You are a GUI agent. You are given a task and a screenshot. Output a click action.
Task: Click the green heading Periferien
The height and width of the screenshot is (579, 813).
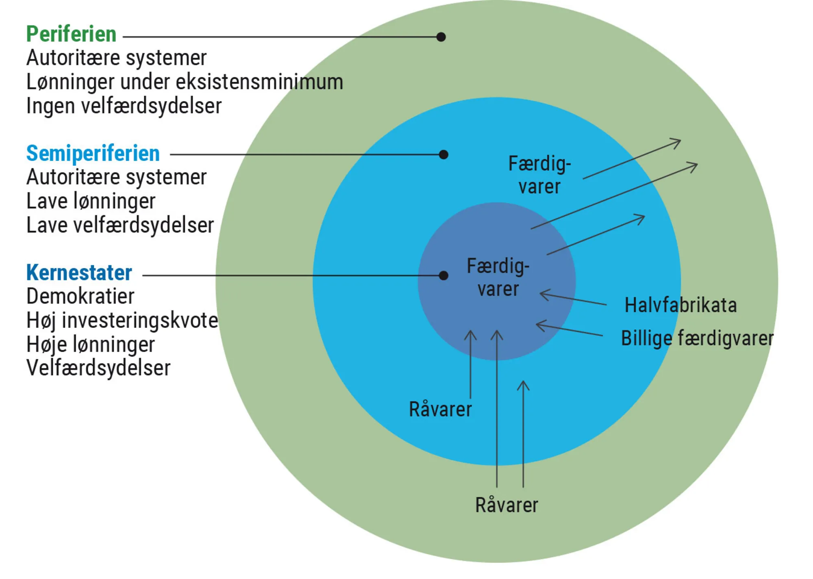(71, 34)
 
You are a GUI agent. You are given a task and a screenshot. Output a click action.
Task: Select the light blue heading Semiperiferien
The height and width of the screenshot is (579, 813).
(93, 154)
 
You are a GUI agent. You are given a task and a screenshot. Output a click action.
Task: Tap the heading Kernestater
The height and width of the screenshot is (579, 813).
(79, 273)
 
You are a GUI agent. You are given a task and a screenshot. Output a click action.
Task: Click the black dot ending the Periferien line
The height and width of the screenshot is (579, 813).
(441, 37)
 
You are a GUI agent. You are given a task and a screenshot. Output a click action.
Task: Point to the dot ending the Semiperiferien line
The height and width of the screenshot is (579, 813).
(443, 154)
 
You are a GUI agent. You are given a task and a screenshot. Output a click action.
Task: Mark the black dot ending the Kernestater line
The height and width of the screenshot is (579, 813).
(443, 275)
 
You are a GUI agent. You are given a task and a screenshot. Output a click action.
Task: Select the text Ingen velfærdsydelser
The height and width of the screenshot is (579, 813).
(124, 106)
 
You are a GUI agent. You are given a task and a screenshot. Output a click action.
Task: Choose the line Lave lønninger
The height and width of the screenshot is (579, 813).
(91, 201)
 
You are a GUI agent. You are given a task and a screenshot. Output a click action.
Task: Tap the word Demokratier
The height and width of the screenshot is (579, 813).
(80, 297)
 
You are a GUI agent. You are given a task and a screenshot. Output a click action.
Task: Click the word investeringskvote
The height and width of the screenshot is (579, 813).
(140, 321)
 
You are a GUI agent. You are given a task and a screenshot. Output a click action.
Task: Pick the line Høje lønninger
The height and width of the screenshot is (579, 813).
(90, 345)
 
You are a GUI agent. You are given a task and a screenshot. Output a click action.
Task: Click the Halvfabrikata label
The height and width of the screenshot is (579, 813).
(680, 305)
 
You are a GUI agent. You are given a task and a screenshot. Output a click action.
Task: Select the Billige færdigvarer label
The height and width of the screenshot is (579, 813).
(697, 338)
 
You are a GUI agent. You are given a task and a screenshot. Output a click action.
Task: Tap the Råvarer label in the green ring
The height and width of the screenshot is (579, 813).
(506, 505)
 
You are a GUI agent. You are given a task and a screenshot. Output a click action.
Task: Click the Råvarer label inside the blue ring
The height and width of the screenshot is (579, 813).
(440, 409)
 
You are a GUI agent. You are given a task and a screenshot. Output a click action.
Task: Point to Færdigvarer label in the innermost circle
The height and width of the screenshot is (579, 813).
(498, 278)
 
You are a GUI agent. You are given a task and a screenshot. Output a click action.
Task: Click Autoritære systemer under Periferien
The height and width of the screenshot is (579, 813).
(116, 58)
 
